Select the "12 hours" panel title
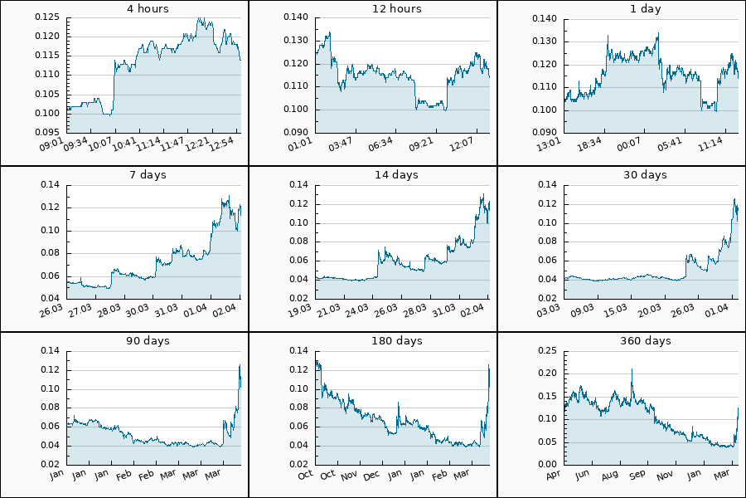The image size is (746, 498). tap(397, 9)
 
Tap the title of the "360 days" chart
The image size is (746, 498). tap(646, 341)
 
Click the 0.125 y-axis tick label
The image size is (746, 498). tap(46, 17)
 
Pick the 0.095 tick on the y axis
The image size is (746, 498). tap(46, 132)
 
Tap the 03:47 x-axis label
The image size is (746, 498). tap(341, 144)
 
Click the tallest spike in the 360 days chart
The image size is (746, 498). tap(632, 370)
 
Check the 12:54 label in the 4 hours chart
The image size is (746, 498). tap(223, 144)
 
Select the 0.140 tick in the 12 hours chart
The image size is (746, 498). tap(295, 17)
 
